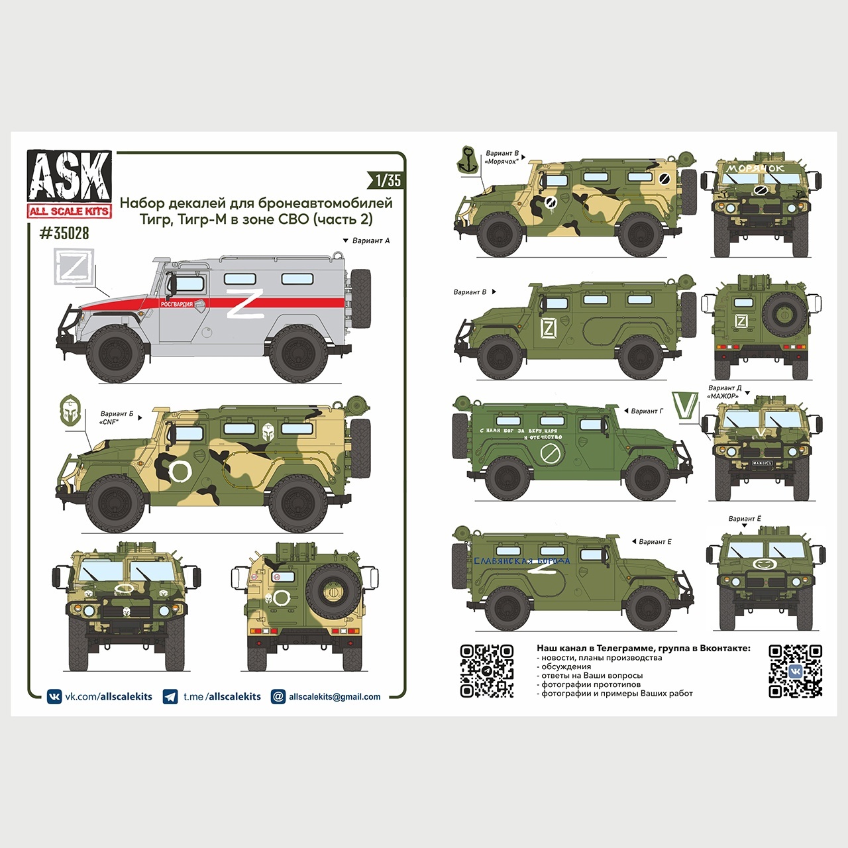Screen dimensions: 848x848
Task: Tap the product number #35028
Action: (x=64, y=233)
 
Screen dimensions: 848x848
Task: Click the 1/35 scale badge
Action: (x=388, y=180)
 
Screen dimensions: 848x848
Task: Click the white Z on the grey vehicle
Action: (x=245, y=303)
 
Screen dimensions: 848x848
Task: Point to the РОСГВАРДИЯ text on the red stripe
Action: (x=177, y=304)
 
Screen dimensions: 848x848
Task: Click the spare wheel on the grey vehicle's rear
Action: (x=361, y=297)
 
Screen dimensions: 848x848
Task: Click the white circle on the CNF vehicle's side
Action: (x=180, y=471)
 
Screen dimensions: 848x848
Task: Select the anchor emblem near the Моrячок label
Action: (x=469, y=160)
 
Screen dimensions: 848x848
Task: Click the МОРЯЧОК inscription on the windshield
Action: (x=755, y=168)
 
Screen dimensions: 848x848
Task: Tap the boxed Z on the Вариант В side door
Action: (x=549, y=328)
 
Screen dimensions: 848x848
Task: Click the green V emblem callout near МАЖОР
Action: (x=684, y=405)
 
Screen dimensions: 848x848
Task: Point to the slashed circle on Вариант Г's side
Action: (x=550, y=454)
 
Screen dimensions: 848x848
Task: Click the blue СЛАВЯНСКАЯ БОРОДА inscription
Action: (x=521, y=560)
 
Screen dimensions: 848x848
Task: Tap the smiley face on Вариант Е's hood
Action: (x=764, y=563)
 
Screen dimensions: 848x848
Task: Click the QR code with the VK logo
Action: (x=795, y=671)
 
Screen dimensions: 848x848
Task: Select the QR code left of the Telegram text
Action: (x=487, y=671)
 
